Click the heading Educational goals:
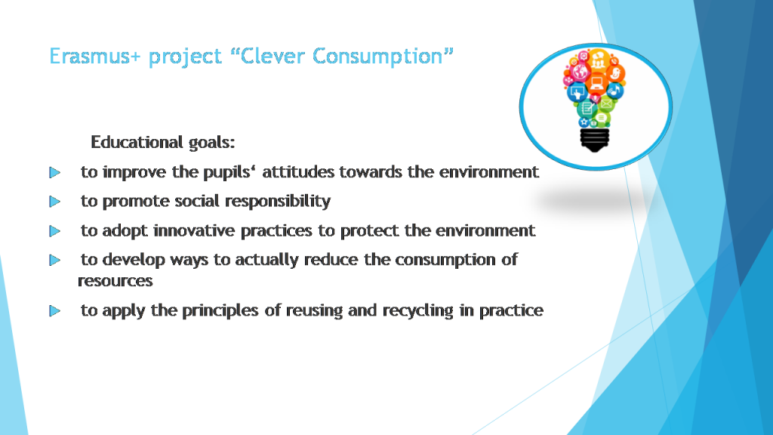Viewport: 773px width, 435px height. [168, 142]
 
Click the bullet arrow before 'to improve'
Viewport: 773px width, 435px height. [54, 173]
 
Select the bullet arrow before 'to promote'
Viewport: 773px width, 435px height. [54, 202]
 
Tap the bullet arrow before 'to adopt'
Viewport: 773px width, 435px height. [54, 231]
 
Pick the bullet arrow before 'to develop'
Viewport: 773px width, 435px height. [54, 261]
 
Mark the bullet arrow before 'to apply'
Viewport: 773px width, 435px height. [54, 311]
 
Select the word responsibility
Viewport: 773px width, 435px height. [282, 202]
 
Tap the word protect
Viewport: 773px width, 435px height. [383, 230]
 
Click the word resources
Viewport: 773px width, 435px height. [115, 281]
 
